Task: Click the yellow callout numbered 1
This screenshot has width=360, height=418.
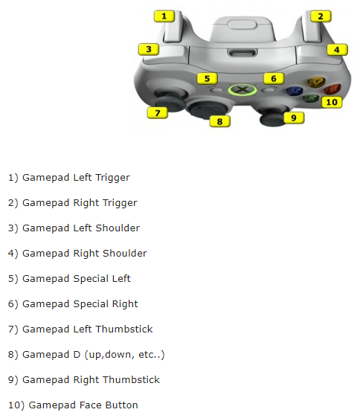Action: tap(164, 16)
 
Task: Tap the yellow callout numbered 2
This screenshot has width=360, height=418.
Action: tap(321, 16)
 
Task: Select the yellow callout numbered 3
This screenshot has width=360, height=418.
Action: tap(149, 49)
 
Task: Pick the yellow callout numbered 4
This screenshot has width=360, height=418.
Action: tap(338, 50)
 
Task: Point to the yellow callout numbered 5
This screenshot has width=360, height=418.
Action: tap(208, 79)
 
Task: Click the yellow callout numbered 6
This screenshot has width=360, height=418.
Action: tap(274, 79)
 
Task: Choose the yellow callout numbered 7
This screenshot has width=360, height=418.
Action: tap(158, 113)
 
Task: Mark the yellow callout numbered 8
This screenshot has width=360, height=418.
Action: tap(220, 121)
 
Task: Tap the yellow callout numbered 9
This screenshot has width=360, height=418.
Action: tap(294, 118)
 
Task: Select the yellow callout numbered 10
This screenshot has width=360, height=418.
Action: tap(332, 102)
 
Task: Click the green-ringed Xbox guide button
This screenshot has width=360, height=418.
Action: tap(242, 90)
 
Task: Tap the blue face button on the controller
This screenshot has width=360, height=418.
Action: tap(295, 91)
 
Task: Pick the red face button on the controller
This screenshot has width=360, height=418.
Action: tap(332, 89)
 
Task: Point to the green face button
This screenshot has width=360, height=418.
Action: tap(311, 98)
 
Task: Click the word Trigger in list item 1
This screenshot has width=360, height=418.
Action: tap(112, 178)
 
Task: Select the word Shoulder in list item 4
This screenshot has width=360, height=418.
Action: tap(125, 254)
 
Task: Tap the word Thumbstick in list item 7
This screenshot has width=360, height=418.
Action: tap(124, 329)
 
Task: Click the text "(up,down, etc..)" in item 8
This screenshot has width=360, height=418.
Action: tap(124, 355)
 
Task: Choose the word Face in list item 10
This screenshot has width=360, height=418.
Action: tap(91, 405)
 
